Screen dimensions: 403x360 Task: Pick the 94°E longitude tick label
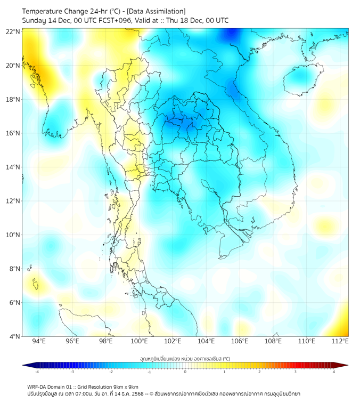coord(39,341)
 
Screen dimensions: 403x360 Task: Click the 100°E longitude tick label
coord(140,341)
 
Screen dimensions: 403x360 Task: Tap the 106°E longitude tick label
coord(240,341)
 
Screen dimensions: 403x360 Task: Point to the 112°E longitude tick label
coord(340,341)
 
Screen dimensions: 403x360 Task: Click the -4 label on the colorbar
coord(36,372)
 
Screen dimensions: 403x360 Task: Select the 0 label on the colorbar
coord(185,372)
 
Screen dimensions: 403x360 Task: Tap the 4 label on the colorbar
coord(334,372)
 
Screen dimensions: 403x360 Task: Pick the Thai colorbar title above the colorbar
coord(185,358)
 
